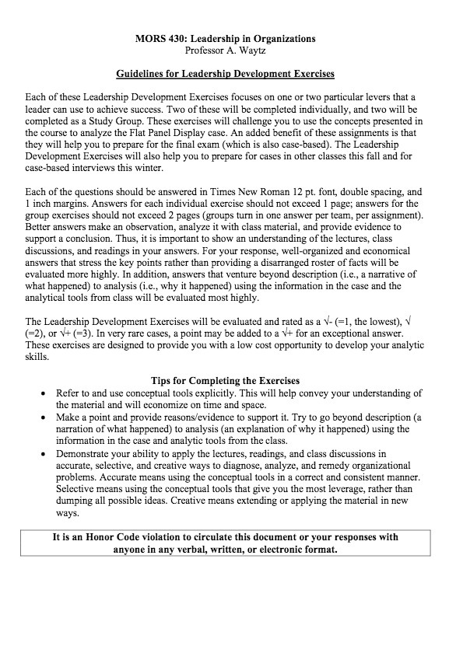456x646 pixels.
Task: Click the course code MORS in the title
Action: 148,38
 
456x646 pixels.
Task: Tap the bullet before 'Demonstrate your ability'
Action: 44,452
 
